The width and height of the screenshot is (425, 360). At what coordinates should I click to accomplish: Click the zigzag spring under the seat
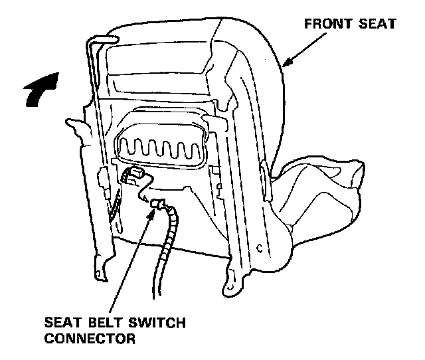coord(160,145)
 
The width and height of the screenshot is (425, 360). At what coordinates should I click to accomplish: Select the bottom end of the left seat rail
coord(102,273)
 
